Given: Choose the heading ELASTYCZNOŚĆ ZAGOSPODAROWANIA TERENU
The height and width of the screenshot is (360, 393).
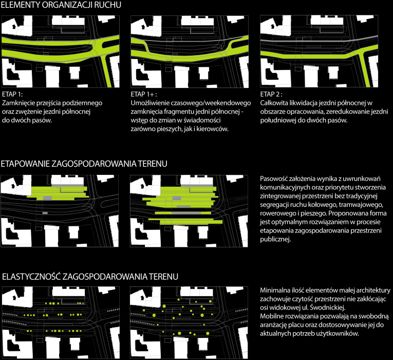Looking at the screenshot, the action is tap(90, 277).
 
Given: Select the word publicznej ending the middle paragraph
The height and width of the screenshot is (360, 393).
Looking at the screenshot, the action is tap(277, 239).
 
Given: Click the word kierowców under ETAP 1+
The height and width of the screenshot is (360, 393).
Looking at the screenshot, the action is tap(212, 130).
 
